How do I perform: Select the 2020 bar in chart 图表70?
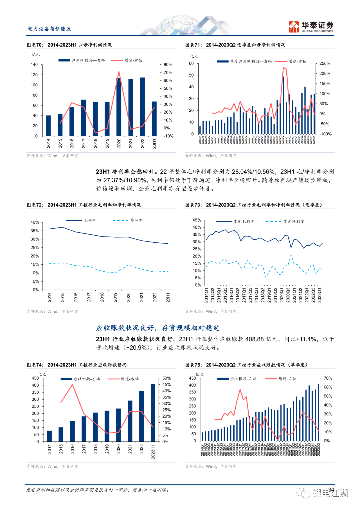(x=119, y=107)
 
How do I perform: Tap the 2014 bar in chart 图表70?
(x=48, y=125)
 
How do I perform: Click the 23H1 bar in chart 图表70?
(x=154, y=118)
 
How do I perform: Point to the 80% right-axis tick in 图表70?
(x=168, y=65)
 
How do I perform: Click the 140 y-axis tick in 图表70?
(x=34, y=65)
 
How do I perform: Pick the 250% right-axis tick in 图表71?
(x=324, y=63)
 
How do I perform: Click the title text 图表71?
(x=235, y=45)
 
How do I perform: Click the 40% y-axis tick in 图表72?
(x=35, y=222)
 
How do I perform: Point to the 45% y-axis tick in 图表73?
(x=197, y=220)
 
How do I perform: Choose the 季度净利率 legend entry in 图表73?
(x=294, y=221)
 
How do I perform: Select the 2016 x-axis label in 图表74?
(x=72, y=449)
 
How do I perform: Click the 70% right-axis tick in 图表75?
(x=328, y=378)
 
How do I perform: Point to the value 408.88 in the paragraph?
(x=254, y=339)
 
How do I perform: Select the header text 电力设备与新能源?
(x=49, y=29)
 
